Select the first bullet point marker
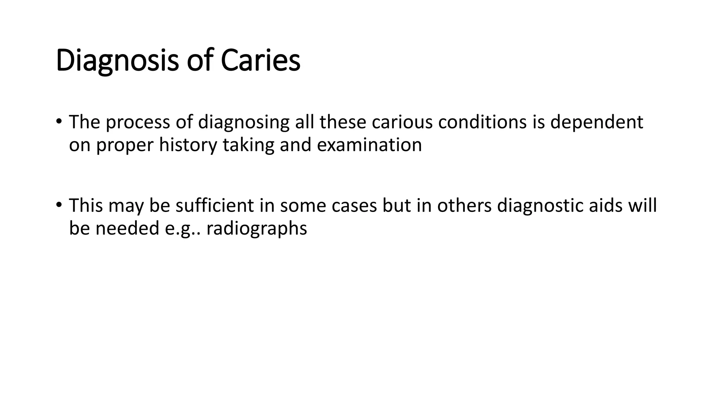click(59, 122)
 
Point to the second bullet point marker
click(59, 205)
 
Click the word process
click(138, 122)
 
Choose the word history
click(188, 145)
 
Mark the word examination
click(369, 145)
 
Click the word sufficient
click(215, 205)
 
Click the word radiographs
click(257, 228)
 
